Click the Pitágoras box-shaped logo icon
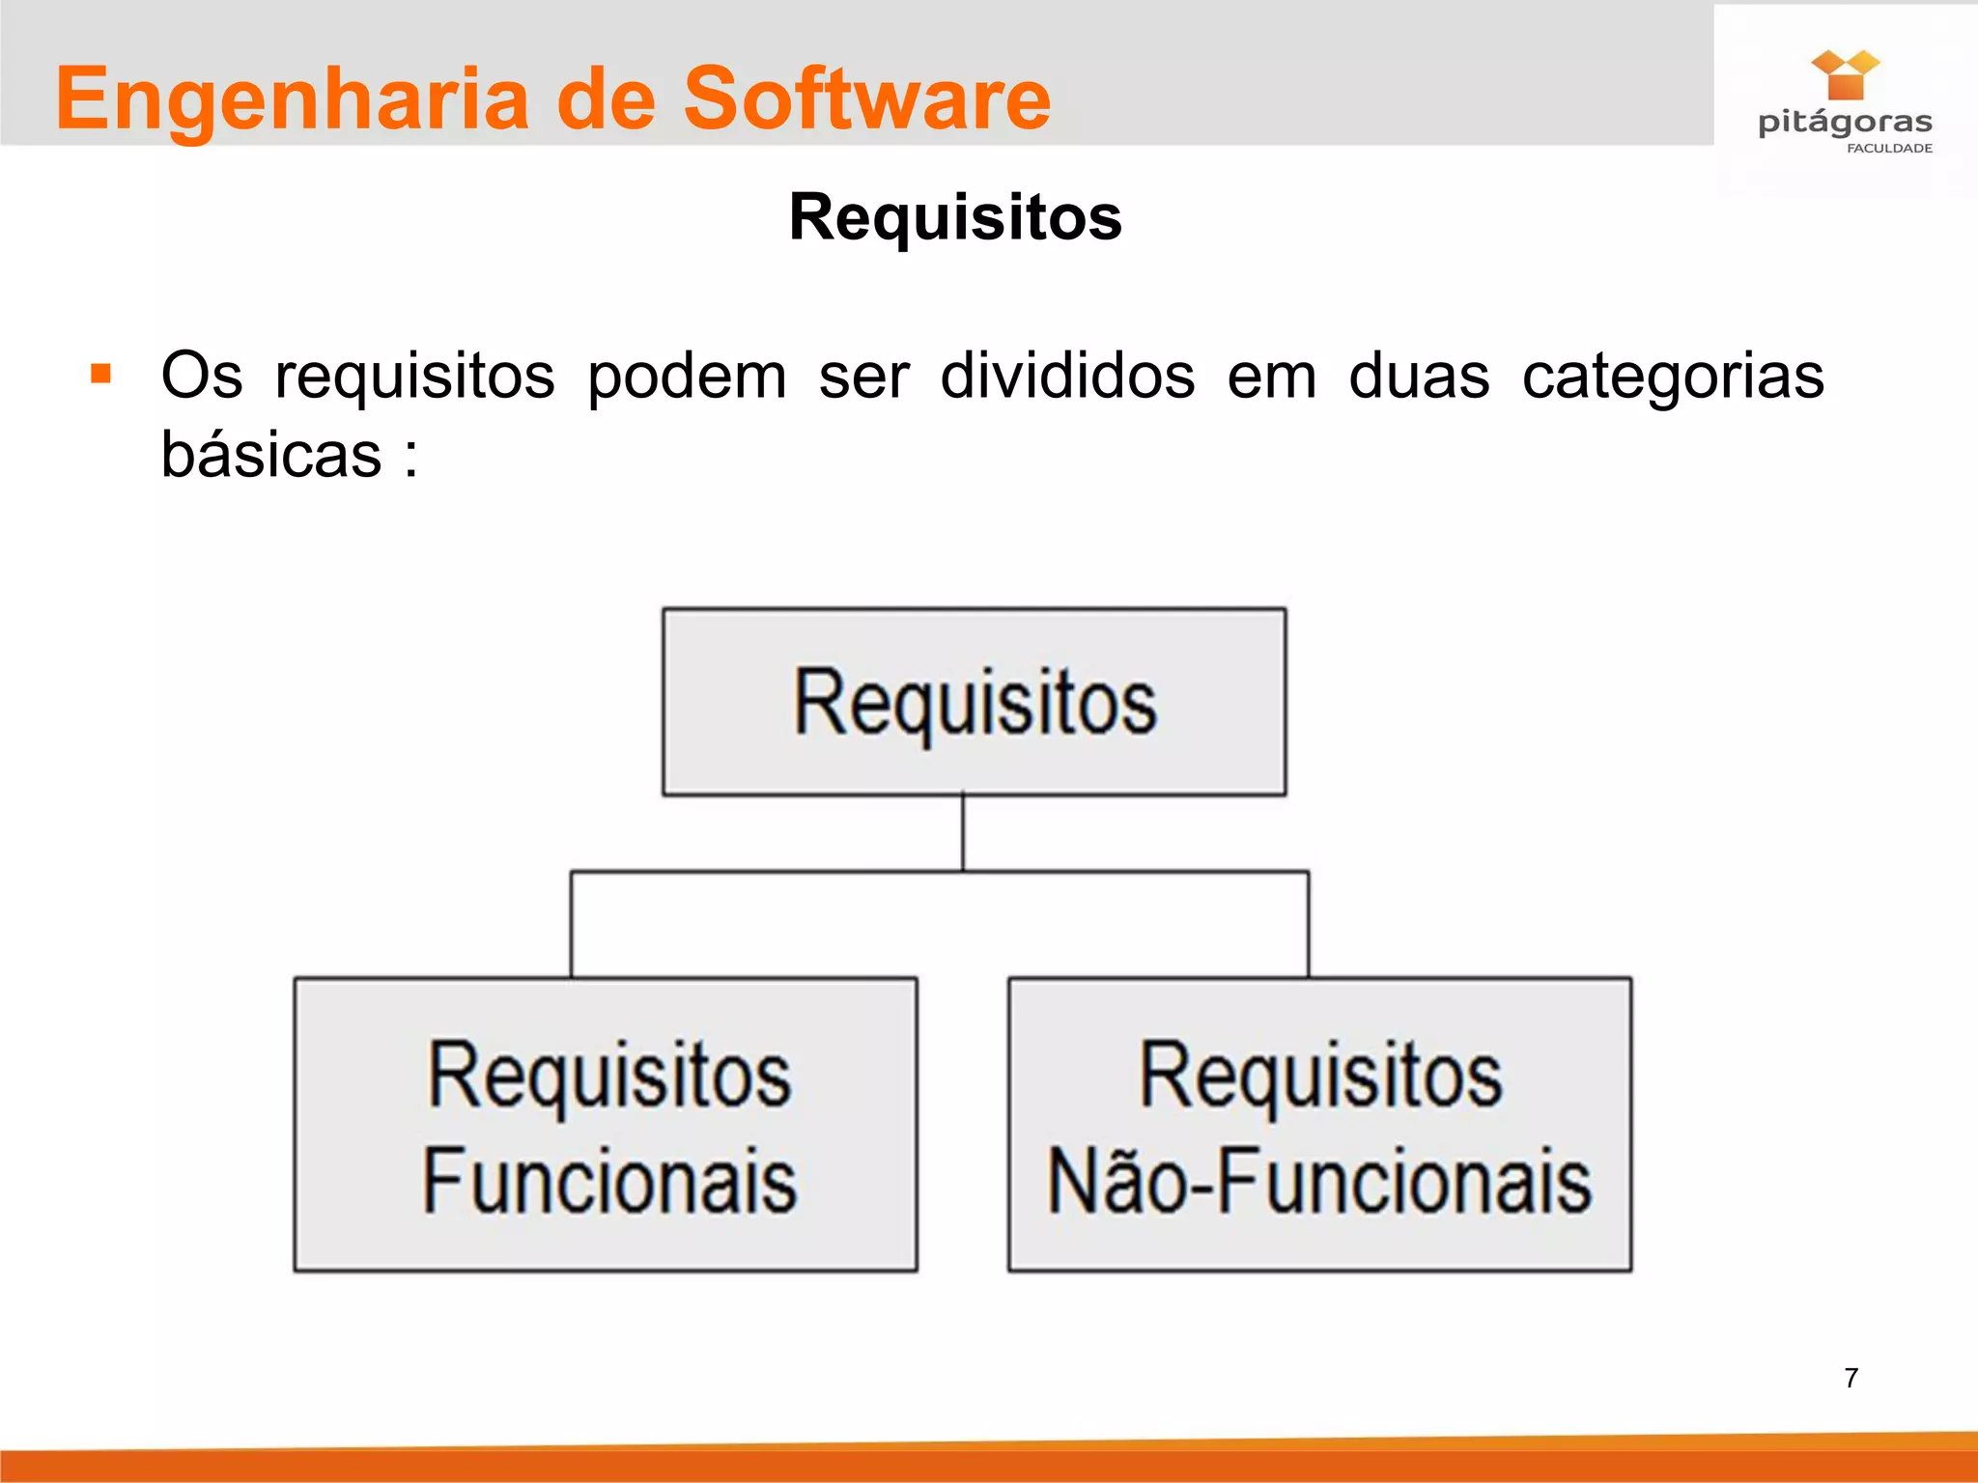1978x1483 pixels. click(x=1845, y=75)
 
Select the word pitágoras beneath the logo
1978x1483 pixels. click(x=1845, y=123)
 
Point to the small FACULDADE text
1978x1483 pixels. click(x=1889, y=149)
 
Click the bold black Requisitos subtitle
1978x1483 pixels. click(x=955, y=217)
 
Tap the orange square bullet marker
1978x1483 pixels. click(x=100, y=374)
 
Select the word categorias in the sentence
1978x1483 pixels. click(x=1673, y=377)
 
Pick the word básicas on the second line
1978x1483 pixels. click(x=271, y=454)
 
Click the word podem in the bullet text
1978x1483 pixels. click(x=687, y=377)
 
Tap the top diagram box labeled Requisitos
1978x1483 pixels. click(x=974, y=702)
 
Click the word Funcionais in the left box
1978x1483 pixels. click(x=609, y=1181)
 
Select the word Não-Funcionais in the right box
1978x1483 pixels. click(x=1319, y=1181)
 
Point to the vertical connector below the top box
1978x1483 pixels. click(x=963, y=833)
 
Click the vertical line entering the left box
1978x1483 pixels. click(x=572, y=925)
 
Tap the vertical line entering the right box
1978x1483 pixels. click(x=1309, y=925)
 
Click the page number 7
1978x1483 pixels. click(x=1851, y=1378)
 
